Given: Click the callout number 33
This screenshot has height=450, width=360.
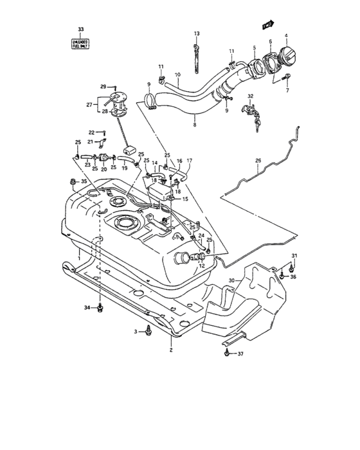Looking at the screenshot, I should pos(81,30).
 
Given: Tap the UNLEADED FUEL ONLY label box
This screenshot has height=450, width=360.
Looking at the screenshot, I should pos(81,44).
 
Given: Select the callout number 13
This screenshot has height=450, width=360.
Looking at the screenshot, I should pos(197,33).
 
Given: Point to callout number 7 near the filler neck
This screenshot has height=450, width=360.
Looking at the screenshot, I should pos(287,91).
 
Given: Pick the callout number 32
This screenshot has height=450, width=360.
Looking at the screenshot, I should pos(251,96).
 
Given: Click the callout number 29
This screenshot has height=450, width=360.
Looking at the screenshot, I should pos(102,86).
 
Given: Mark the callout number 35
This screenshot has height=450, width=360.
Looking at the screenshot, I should pos(83,182).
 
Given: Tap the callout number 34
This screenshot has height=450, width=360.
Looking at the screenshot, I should pos(87,308).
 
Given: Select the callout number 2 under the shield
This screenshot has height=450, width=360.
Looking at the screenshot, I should pos(171,350).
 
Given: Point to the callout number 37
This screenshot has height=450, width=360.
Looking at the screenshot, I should pos(241,354).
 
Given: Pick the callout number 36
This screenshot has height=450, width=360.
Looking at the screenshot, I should pos(294,277).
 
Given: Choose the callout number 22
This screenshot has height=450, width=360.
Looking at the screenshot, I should pos(91,132).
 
